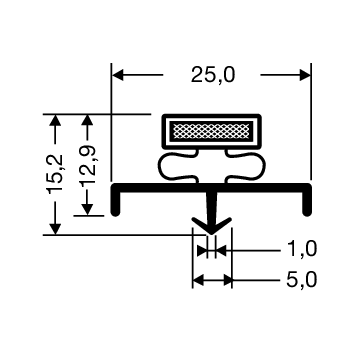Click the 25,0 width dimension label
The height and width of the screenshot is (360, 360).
pos(213,75)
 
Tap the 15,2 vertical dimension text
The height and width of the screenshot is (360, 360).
pos(55,173)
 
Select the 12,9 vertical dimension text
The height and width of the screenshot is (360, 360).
pos(88,165)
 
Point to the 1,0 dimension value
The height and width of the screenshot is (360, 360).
pos(301,250)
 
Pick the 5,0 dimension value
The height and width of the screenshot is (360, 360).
pos(301,280)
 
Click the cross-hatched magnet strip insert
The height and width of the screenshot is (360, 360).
pos(212,131)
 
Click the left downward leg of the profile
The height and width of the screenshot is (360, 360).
pos(115,203)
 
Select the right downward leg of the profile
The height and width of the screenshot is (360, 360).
pos(307,203)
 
